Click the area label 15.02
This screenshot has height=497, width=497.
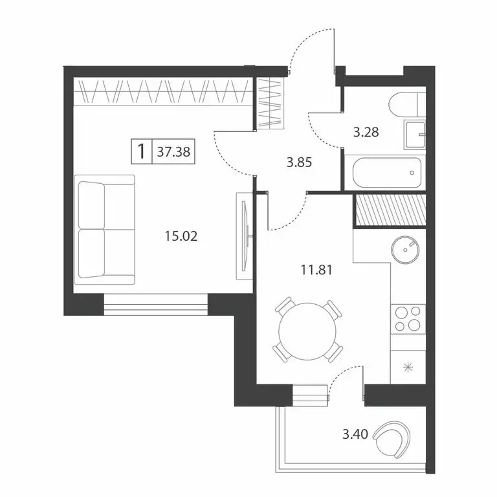tap(181, 236)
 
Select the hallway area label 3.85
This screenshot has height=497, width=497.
tap(300, 162)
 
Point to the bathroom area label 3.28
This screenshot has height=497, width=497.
tap(365, 133)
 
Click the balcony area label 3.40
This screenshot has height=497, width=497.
tap(355, 434)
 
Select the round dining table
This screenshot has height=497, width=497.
tap(307, 331)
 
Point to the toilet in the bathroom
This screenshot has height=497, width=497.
tap(408, 104)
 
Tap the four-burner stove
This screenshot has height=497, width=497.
tap(408, 318)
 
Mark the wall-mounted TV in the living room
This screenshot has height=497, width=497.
tap(243, 237)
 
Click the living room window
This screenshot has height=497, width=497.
tap(155, 304)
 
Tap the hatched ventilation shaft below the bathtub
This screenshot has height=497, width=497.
tap(390, 211)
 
